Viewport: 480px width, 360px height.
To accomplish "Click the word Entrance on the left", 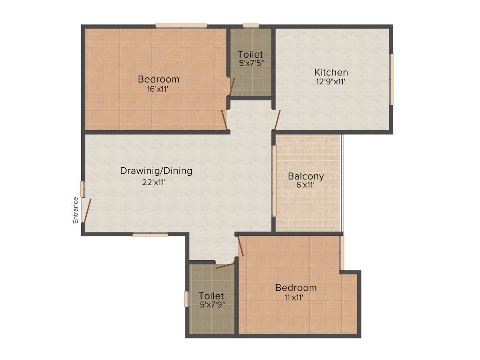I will click(75, 210).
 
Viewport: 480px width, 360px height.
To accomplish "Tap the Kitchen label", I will click(331, 72).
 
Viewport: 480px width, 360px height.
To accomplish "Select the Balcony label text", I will click(306, 176).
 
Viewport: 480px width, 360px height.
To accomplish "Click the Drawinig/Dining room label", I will click(156, 171).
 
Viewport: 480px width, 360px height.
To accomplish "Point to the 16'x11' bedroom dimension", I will click(158, 89).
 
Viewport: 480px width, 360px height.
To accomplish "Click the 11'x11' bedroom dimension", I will click(296, 297).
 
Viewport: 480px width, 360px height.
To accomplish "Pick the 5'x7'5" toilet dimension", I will click(250, 63).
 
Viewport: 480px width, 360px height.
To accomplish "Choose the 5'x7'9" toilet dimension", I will click(211, 305).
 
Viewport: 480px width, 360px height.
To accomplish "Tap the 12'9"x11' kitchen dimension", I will click(331, 82).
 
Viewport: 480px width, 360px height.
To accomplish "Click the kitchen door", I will click(277, 120).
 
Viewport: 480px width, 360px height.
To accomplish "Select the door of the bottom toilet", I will click(225, 266).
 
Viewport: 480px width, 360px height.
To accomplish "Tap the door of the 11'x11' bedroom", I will click(241, 246).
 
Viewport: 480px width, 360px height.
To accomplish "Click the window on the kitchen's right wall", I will click(392, 79).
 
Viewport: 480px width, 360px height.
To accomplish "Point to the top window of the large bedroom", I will click(181, 26).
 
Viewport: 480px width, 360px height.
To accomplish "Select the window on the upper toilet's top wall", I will click(251, 26).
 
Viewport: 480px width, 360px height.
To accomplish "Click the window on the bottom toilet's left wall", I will click(186, 299).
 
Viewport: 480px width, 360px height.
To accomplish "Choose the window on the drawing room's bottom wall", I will click(150, 235).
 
